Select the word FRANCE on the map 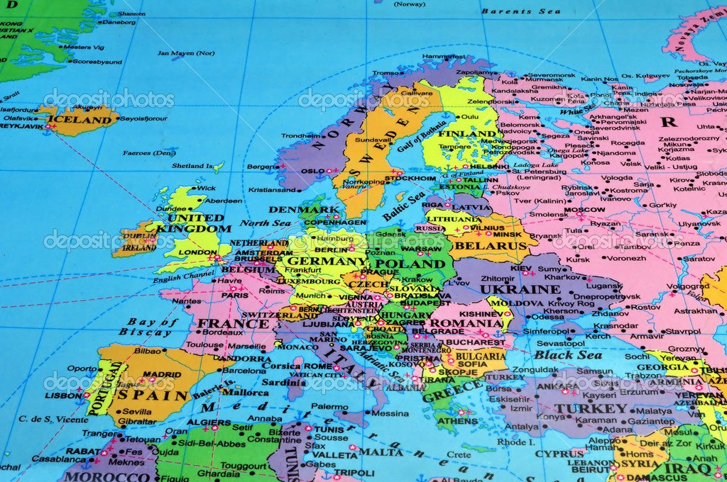(223, 323)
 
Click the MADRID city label (162, 374)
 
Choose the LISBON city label (63, 396)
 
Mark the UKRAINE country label (520, 289)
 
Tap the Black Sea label (568, 354)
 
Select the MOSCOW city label (584, 210)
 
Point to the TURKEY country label (591, 409)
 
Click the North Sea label (265, 223)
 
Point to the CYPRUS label (559, 454)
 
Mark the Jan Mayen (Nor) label (185, 52)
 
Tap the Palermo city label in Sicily (329, 406)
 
